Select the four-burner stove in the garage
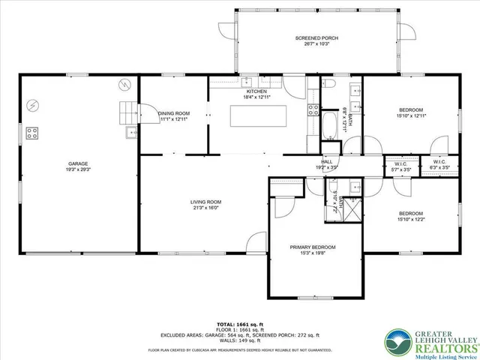[33, 133]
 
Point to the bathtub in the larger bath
[331, 124]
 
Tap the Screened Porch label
[313, 37]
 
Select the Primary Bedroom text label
[313, 247]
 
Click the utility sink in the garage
[130, 133]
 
